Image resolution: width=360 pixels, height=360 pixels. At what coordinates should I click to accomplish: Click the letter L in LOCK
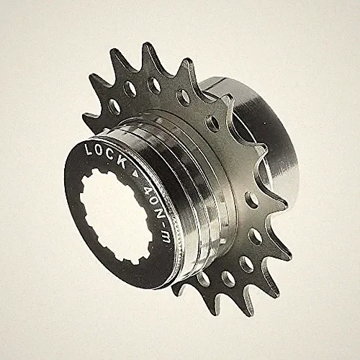coord(88,149)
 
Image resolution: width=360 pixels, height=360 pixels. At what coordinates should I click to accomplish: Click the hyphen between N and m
coord(163,225)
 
